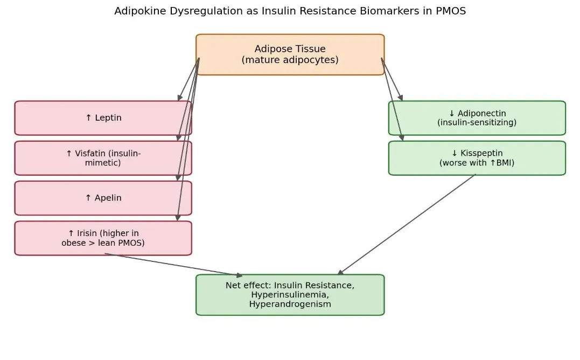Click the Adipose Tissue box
(x=290, y=54)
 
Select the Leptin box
(x=103, y=117)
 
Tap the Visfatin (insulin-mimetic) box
(x=103, y=158)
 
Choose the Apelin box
(x=103, y=198)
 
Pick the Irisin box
(x=103, y=238)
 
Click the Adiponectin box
(x=477, y=117)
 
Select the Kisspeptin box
(x=477, y=158)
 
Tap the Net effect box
(x=290, y=295)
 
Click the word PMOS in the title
(x=451, y=11)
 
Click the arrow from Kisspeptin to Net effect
(x=407, y=225)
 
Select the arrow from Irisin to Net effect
(x=173, y=265)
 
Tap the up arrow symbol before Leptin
(x=88, y=117)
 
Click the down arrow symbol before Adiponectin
(x=451, y=113)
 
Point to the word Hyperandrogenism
(x=290, y=304)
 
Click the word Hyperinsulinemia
(x=290, y=295)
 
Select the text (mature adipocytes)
(x=290, y=60)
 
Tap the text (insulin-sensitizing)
(x=477, y=122)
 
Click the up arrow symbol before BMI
(x=493, y=162)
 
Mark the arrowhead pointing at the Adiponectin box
(x=400, y=98)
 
